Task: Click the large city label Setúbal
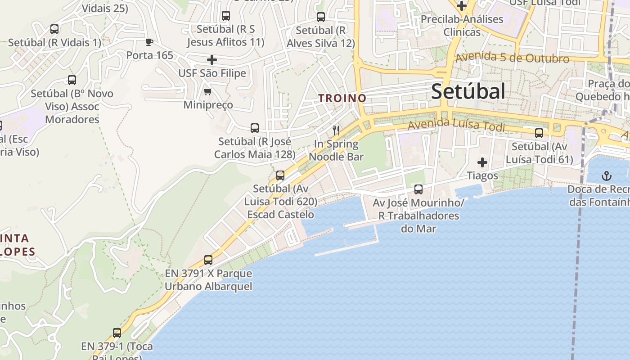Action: [x=468, y=91]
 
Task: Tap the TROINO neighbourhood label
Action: [x=342, y=98]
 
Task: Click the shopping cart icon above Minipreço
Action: [x=207, y=92]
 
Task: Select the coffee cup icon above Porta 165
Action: [x=149, y=42]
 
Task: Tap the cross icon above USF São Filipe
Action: [x=212, y=59]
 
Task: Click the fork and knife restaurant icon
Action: [x=336, y=130]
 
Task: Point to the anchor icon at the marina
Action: [x=607, y=175]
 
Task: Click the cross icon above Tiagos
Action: [x=482, y=162]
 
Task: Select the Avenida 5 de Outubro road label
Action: [x=512, y=58]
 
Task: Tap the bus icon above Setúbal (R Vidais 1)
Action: [x=54, y=29]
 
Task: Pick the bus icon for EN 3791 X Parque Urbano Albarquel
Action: [x=208, y=260]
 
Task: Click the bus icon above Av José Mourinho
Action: [x=418, y=189]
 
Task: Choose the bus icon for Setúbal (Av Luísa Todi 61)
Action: [x=539, y=133]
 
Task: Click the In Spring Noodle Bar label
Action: [x=336, y=150]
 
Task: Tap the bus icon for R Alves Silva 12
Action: [x=321, y=17]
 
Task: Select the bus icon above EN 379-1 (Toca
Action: [x=117, y=333]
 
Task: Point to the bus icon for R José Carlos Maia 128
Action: [x=255, y=128]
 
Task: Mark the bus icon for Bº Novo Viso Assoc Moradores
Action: [x=72, y=80]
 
